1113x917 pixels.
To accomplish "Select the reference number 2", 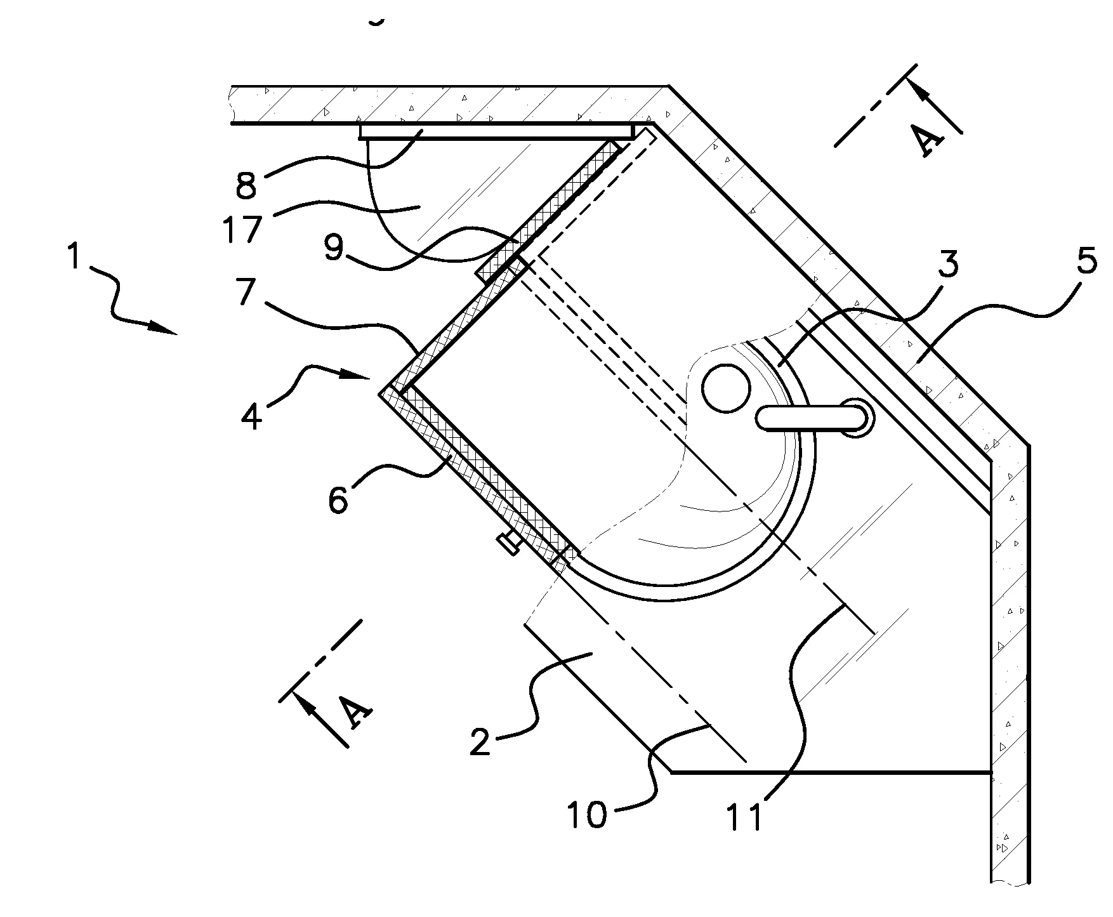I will pos(481,741).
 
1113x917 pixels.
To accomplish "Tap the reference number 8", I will pos(245,185).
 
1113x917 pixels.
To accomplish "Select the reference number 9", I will pos(334,249).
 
